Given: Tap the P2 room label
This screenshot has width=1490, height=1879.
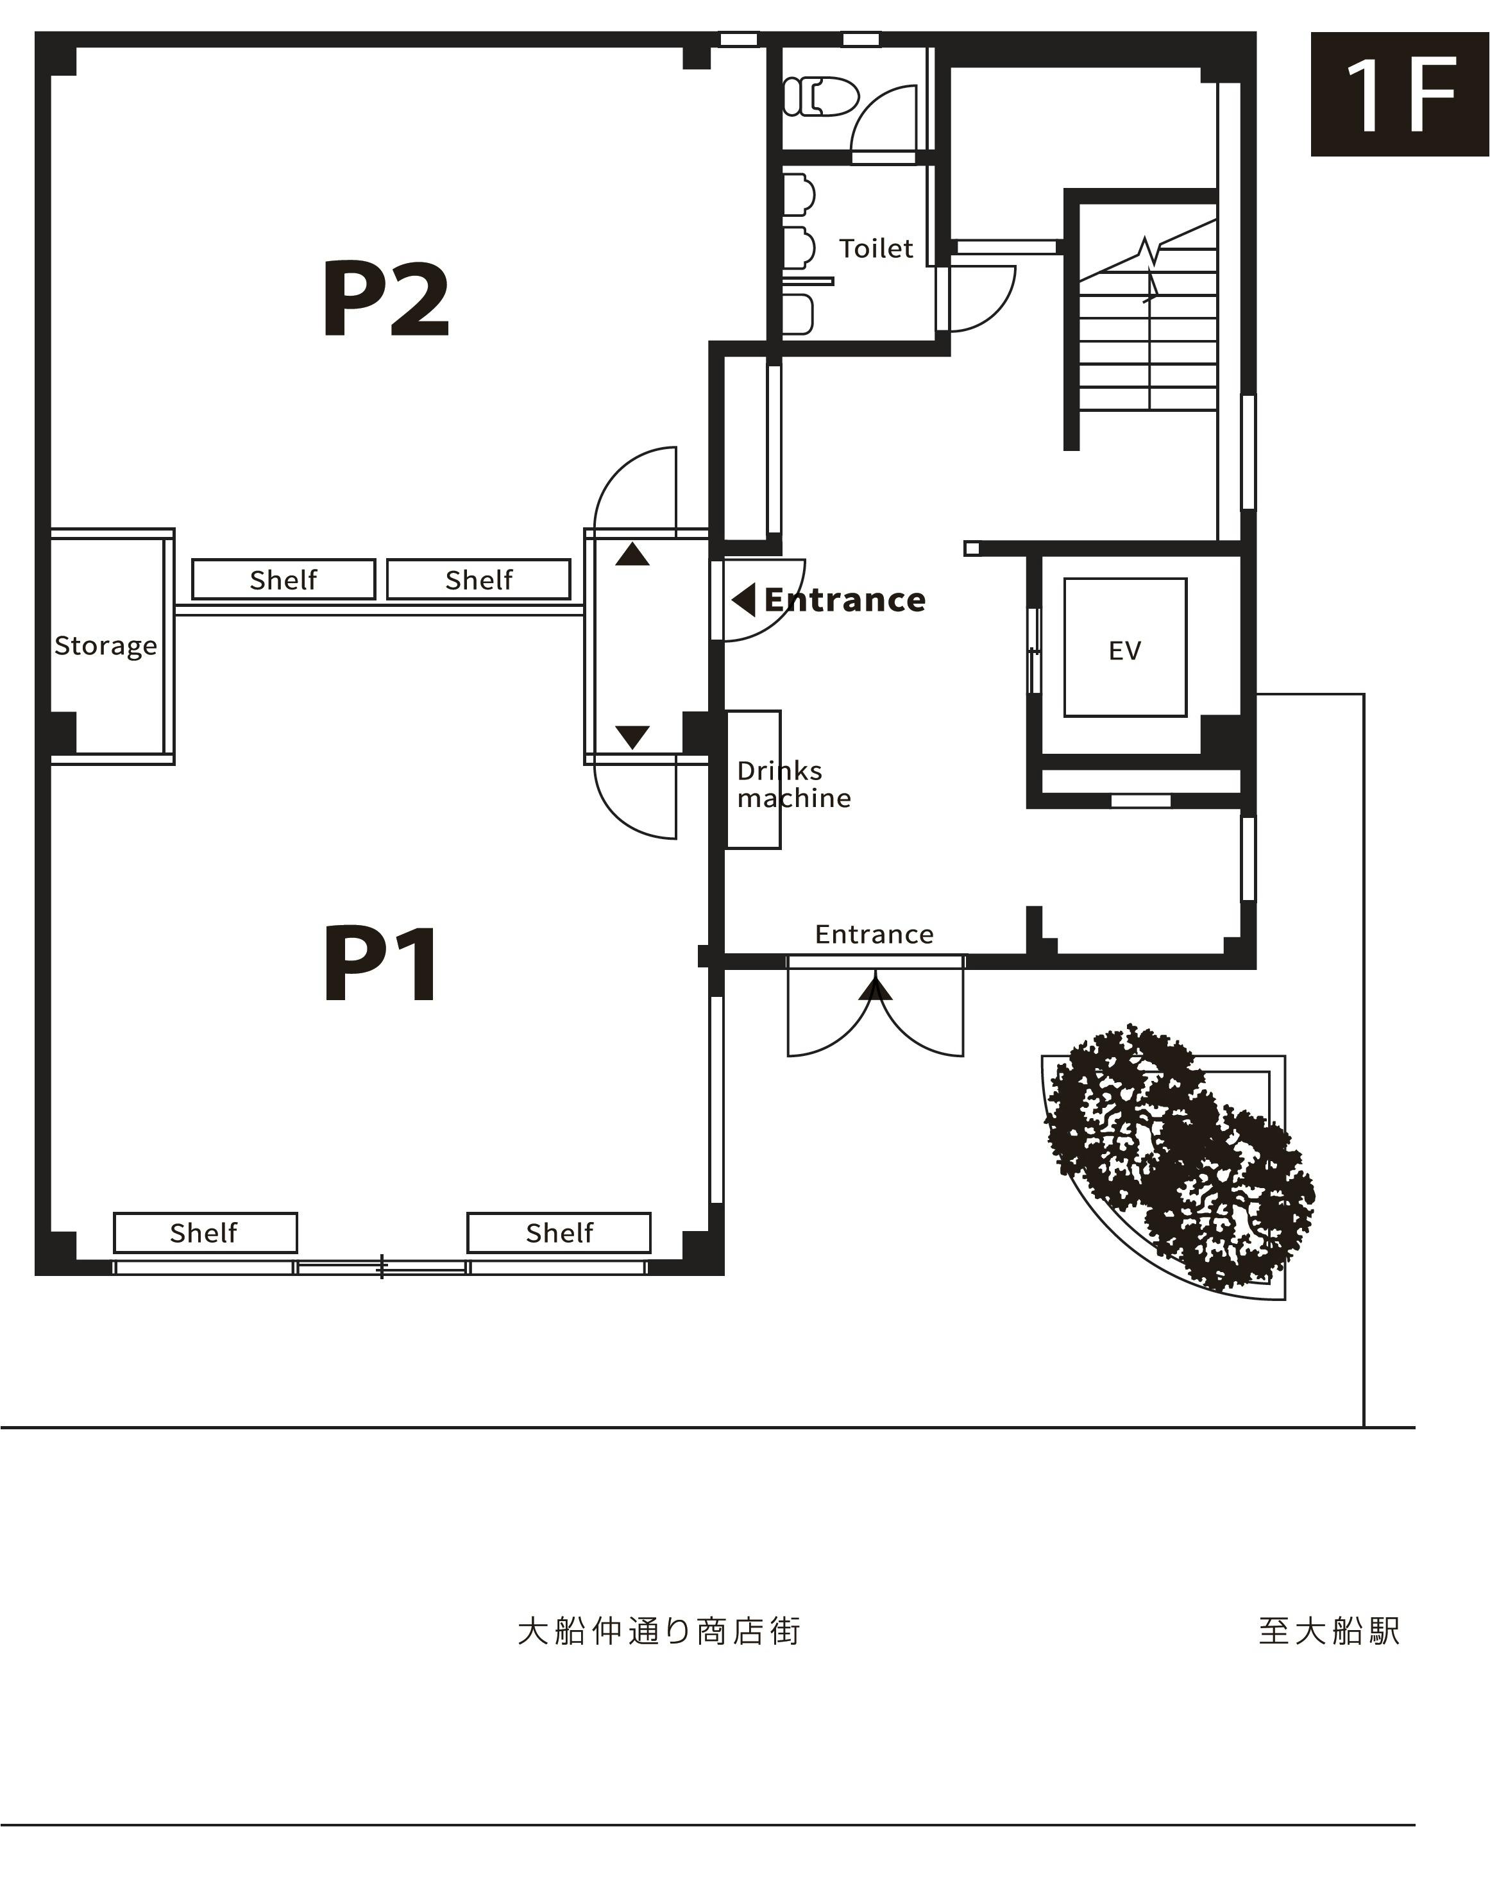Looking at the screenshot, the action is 386,299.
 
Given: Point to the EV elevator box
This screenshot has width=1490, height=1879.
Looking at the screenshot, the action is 1125,647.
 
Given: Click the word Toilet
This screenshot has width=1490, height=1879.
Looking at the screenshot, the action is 876,248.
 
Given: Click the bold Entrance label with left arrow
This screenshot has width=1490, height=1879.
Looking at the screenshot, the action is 829,600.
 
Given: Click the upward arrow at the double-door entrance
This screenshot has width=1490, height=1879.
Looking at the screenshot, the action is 876,989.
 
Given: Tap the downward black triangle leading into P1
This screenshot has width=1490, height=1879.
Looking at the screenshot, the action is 632,736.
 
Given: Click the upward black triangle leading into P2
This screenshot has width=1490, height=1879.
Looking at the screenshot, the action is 632,554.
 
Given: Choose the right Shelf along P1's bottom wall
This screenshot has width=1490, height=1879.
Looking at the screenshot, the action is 559,1232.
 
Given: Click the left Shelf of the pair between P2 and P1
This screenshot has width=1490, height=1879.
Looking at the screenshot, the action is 284,579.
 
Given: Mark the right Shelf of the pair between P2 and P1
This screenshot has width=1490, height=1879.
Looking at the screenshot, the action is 479,579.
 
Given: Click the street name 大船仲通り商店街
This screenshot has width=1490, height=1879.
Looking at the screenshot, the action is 659,1631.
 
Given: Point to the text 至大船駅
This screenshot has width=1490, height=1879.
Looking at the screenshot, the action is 1329,1631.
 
